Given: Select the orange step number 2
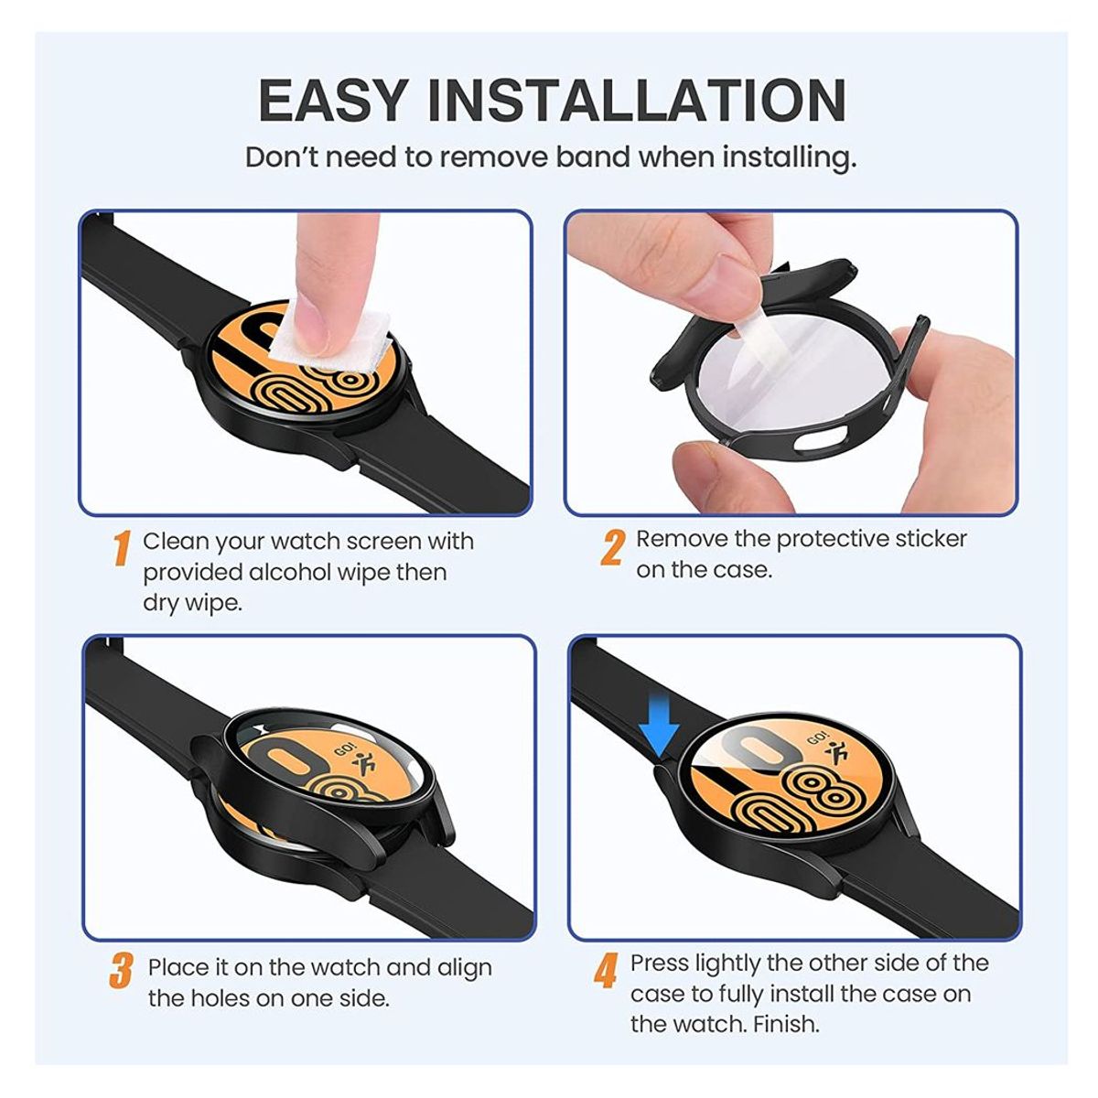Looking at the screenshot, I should tap(612, 546).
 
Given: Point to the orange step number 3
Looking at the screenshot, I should tap(121, 971).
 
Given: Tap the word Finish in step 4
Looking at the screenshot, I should tap(786, 1024).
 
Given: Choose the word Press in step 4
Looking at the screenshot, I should tap(660, 963).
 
